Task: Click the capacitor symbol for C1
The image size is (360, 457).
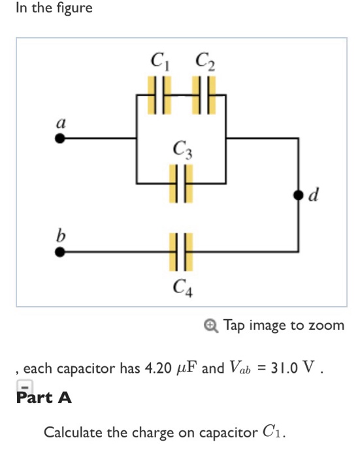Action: point(159,95)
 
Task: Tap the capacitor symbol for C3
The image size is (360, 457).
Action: point(180,181)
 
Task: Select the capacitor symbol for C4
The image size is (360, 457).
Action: point(180,252)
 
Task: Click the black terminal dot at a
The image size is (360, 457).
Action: point(60,139)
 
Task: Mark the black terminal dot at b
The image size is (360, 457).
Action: point(60,252)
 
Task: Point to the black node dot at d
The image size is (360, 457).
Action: point(298,195)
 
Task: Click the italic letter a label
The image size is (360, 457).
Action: point(60,121)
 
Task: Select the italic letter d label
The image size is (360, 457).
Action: point(315,195)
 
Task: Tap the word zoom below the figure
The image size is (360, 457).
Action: point(325,325)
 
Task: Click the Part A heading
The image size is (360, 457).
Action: point(43,396)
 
